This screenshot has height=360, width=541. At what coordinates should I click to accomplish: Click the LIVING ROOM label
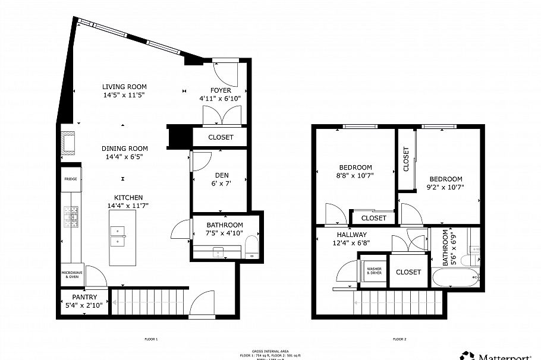pos(124,87)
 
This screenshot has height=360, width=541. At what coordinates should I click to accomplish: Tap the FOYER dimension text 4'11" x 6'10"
pos(221,98)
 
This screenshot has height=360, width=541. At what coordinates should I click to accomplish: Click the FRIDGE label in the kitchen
pos(71,178)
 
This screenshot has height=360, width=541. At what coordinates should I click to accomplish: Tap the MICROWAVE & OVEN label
pos(70,274)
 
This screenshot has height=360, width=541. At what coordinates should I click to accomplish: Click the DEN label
pos(221,175)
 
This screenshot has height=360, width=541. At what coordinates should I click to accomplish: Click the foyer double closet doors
pos(221,115)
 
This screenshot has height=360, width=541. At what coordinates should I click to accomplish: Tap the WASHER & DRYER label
pos(374,271)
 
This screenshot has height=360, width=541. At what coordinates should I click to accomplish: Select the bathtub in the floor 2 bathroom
pos(455,277)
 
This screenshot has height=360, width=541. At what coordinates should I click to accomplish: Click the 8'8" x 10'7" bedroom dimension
pos(356,175)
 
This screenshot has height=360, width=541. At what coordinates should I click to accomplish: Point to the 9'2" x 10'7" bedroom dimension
pos(446,187)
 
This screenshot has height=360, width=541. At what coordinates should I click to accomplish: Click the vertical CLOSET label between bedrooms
pos(406,159)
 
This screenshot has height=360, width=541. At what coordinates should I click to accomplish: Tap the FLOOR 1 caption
pos(151,339)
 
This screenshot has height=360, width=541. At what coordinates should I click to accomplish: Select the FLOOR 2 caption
pos(400,339)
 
